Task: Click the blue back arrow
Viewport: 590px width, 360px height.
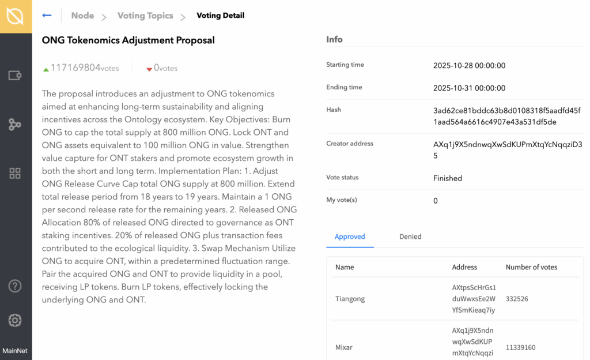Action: pyautogui.click(x=47, y=16)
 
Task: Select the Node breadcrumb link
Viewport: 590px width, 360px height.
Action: pyautogui.click(x=82, y=16)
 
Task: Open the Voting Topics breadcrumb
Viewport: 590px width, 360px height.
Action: pyautogui.click(x=145, y=16)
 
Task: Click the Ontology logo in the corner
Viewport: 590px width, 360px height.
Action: pyautogui.click(x=16, y=16)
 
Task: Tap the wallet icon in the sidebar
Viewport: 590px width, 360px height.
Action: pyautogui.click(x=15, y=75)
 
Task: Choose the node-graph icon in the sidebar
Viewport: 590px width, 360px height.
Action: pyautogui.click(x=15, y=124)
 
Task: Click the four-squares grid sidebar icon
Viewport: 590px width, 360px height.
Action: pyautogui.click(x=15, y=174)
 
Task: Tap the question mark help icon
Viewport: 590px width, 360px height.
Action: pyautogui.click(x=15, y=286)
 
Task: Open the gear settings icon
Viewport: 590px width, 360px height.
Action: pyautogui.click(x=15, y=321)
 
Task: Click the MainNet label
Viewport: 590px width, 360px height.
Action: pyautogui.click(x=15, y=351)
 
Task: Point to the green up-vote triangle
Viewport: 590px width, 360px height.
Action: pyautogui.click(x=46, y=69)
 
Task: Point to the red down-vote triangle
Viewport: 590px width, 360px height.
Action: pyautogui.click(x=149, y=69)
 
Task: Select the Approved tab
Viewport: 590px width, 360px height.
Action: pyautogui.click(x=350, y=237)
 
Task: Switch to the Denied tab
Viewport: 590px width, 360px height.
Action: pyautogui.click(x=410, y=237)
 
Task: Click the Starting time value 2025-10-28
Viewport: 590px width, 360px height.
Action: pyautogui.click(x=469, y=66)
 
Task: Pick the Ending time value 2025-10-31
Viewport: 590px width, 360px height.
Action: pyautogui.click(x=469, y=88)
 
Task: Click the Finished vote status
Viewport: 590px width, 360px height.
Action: pyautogui.click(x=448, y=178)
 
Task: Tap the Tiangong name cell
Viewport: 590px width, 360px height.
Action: pyautogui.click(x=350, y=299)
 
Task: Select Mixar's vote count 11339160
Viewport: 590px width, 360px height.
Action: pyautogui.click(x=521, y=347)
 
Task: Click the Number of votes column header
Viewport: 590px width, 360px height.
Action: pyautogui.click(x=531, y=267)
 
